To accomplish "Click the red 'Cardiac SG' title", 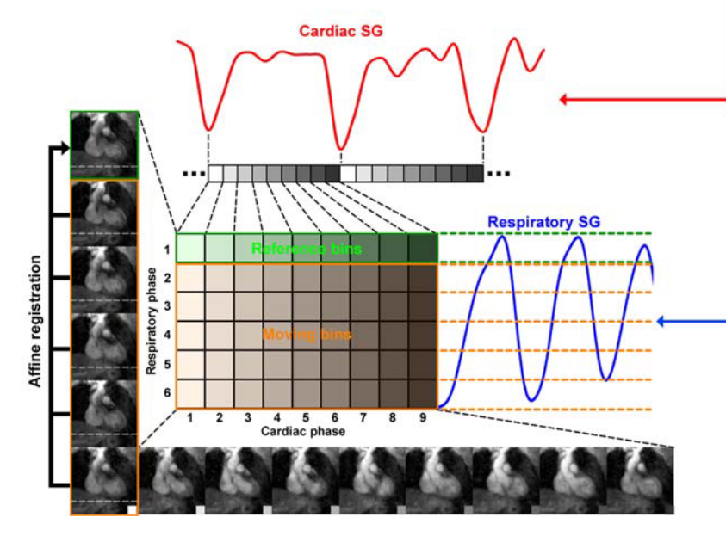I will (341, 31).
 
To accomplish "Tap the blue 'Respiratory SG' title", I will (544, 222).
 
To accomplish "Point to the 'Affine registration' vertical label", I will (37, 318).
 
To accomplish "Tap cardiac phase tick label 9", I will (421, 418).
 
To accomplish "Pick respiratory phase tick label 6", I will (167, 393).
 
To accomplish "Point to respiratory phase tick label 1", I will (167, 249).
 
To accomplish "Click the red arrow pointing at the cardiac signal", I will (642, 99).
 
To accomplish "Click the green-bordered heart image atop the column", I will (104, 145).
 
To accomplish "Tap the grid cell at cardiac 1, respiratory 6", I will (190, 393).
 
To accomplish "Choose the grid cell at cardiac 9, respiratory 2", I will (422, 278).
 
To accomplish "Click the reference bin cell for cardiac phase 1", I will (190, 248).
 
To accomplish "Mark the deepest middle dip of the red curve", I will (342, 146).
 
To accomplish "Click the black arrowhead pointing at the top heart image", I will (63, 147).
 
